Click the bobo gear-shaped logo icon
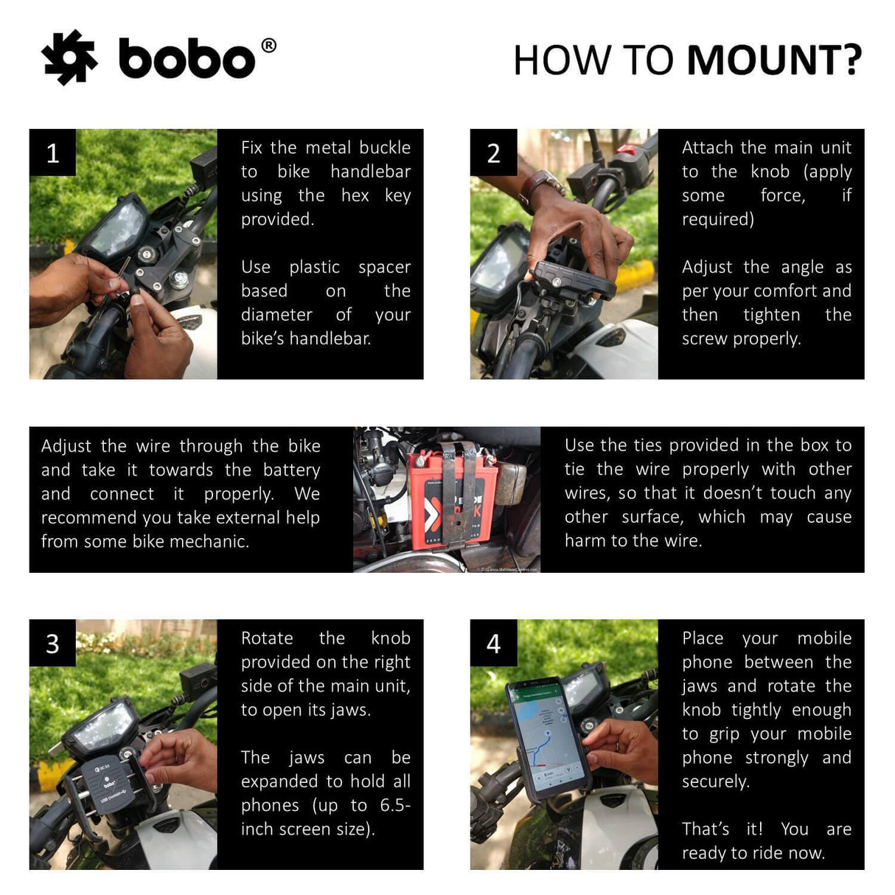click(69, 58)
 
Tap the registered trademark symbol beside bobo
click(269, 46)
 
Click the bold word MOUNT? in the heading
click(774, 60)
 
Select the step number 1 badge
click(52, 153)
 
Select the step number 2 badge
click(493, 153)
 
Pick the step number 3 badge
click(52, 644)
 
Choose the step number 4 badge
click(493, 644)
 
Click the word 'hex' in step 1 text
click(355, 195)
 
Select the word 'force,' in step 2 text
click(782, 195)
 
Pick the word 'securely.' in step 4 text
click(715, 781)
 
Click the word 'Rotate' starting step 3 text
click(267, 638)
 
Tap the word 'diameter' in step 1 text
click(276, 315)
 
